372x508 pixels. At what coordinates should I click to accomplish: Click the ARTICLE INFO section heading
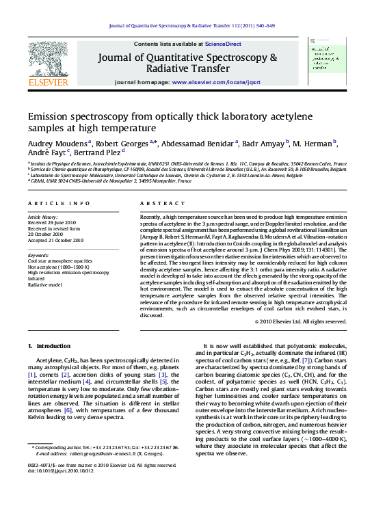click(59, 204)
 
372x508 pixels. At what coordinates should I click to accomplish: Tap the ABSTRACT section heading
click(157, 204)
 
